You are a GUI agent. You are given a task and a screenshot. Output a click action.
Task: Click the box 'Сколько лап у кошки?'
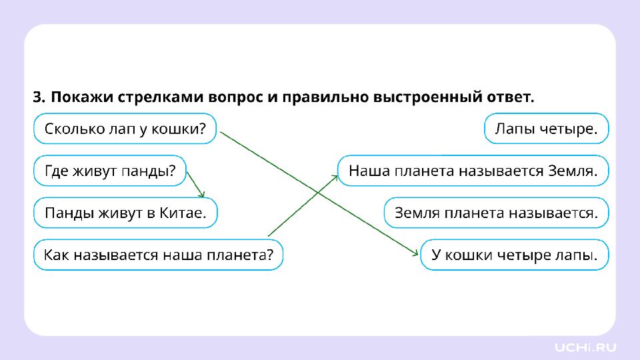point(125,129)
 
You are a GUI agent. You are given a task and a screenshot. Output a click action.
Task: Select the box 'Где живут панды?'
point(110,171)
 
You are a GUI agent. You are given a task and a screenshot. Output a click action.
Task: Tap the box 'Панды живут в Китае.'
point(125,213)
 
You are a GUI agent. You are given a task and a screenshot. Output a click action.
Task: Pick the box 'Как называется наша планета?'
point(159,255)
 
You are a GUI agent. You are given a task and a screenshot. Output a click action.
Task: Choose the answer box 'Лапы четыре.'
point(545,129)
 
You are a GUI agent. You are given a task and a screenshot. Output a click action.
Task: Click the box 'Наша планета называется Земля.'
point(473,171)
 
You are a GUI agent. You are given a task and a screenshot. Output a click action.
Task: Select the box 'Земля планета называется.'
point(496,213)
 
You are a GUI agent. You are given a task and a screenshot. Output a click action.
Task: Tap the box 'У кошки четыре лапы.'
point(515,255)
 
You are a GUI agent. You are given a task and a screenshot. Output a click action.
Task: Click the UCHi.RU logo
point(586,347)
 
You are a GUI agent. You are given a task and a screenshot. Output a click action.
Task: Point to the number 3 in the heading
point(37,97)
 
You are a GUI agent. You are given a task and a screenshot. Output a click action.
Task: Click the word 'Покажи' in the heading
point(82,97)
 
